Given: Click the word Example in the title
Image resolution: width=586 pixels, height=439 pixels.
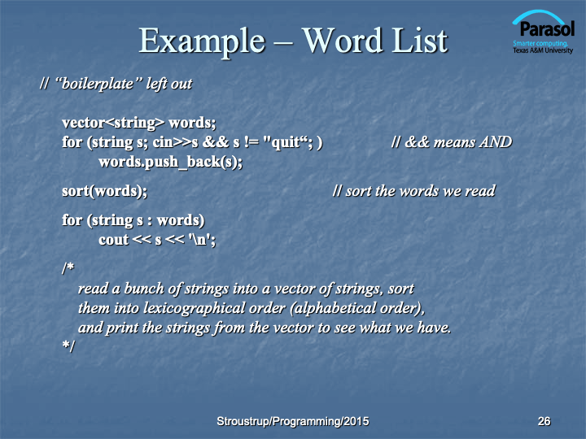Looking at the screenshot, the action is point(202,41).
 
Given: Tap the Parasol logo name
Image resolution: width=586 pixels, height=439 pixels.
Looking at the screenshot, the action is point(547,29).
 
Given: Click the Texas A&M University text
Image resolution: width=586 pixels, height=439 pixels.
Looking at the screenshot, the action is point(543,50).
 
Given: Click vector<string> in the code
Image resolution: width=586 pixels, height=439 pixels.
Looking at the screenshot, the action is point(113,124).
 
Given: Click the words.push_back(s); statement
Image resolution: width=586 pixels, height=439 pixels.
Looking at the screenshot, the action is point(170,162).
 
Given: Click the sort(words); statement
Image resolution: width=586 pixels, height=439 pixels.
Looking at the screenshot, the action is point(105,191).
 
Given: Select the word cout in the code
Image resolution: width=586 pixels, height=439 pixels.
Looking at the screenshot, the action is point(114,240).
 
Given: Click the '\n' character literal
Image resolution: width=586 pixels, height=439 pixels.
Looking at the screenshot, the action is point(200,240).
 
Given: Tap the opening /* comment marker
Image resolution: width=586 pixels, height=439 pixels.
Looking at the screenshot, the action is point(68,268).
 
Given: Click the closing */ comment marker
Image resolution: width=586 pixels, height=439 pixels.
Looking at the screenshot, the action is point(68,346).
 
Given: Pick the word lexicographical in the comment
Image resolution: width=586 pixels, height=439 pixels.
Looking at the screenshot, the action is point(214,309).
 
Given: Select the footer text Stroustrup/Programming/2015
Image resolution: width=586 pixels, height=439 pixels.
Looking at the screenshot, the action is point(293,421).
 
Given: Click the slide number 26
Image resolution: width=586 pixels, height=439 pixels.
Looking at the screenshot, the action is point(544,421).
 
